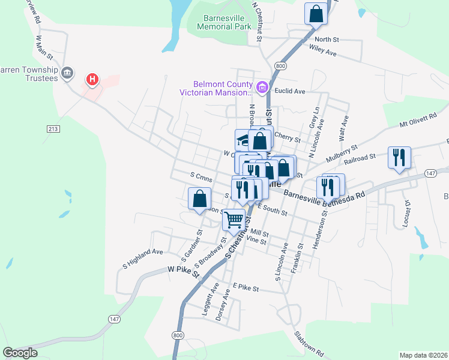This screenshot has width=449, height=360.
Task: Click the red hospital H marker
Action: point(92,79)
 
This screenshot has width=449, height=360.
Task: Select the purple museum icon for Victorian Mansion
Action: point(262,88)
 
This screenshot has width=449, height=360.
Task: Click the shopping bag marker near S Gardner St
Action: point(199,198)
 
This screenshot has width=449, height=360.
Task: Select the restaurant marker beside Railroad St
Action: point(399,157)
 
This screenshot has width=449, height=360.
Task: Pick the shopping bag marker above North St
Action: point(316,13)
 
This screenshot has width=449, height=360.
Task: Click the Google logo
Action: point(20,352)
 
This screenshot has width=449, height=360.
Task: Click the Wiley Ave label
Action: point(322,52)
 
